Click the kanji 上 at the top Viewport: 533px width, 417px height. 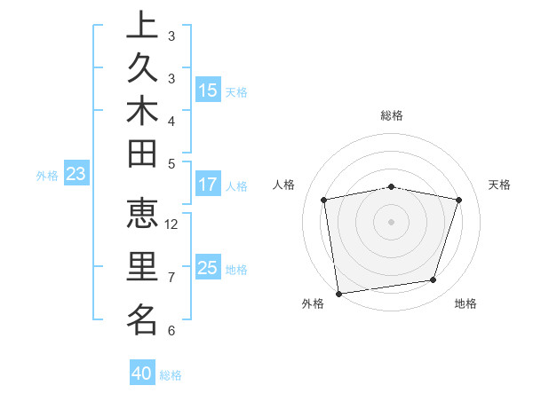pyautogui.click(x=142, y=25)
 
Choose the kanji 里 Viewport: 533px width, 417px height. pyautogui.click(x=142, y=267)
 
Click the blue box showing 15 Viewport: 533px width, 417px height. pyautogui.click(x=208, y=90)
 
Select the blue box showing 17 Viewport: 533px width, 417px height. pyautogui.click(x=208, y=185)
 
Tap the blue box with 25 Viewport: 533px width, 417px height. pyautogui.click(x=208, y=268)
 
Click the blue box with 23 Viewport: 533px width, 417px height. pyautogui.click(x=76, y=174)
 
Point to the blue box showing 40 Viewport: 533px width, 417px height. pyautogui.click(x=142, y=374)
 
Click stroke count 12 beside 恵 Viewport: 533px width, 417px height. pyautogui.click(x=171, y=224)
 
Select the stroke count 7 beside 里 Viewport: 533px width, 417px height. pyautogui.click(x=171, y=278)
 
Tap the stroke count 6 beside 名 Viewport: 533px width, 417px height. pyautogui.click(x=171, y=330)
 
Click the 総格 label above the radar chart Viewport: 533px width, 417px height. pyautogui.click(x=392, y=115)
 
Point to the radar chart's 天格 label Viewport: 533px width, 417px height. pyautogui.click(x=499, y=185)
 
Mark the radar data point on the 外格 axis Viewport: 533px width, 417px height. pyautogui.click(x=338, y=293)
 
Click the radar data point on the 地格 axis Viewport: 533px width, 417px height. pyautogui.click(x=434, y=280)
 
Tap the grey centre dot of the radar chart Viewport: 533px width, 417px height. pyautogui.click(x=392, y=220)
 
